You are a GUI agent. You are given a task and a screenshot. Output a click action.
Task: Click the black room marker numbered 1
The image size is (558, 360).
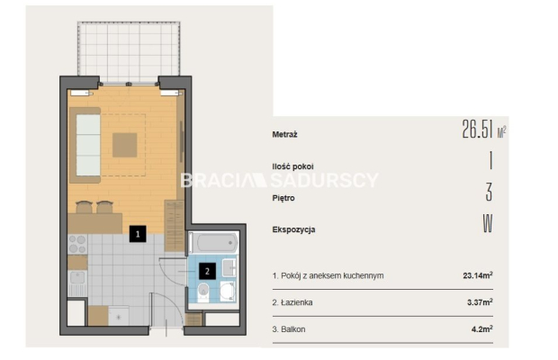pos(138,234)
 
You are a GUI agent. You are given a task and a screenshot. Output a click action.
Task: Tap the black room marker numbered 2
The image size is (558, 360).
pos(208,271)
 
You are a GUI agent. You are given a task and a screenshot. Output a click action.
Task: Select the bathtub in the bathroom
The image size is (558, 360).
pos(212,243)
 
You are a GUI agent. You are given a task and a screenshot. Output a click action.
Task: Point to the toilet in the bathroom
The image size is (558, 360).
pos(203,292)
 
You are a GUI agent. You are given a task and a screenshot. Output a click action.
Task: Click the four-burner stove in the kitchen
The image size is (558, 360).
pos(77,244)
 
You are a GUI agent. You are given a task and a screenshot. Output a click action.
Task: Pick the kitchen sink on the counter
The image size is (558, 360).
pos(77,277)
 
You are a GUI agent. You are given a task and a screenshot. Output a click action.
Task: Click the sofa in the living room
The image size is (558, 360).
pos(85,145)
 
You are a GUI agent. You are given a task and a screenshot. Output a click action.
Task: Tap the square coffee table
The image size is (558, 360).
pos(125,145)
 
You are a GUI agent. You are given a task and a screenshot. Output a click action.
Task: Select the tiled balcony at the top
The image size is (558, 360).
pos(129,52)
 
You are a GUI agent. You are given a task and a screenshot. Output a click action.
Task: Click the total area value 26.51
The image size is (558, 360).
pos(477,129)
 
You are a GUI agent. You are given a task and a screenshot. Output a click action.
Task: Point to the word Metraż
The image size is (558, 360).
pos(284,134)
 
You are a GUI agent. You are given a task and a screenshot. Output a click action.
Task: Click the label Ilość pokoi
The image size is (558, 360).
pos(292,166)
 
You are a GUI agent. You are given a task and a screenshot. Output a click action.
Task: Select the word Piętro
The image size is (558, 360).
pos(283,198)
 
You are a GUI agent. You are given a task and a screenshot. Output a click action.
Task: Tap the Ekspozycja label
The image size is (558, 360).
pos(293,229)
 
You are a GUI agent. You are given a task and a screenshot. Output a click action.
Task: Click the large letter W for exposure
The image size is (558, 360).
pos(488,224)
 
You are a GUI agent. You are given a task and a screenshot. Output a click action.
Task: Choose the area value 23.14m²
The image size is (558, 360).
pos(478,275)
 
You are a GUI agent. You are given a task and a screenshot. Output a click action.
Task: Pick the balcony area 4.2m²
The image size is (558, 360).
pos(482,328)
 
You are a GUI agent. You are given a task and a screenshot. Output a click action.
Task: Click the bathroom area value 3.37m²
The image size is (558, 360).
pos(480,302)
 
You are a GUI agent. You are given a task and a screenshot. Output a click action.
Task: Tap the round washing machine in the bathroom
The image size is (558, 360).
pos(227,291)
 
